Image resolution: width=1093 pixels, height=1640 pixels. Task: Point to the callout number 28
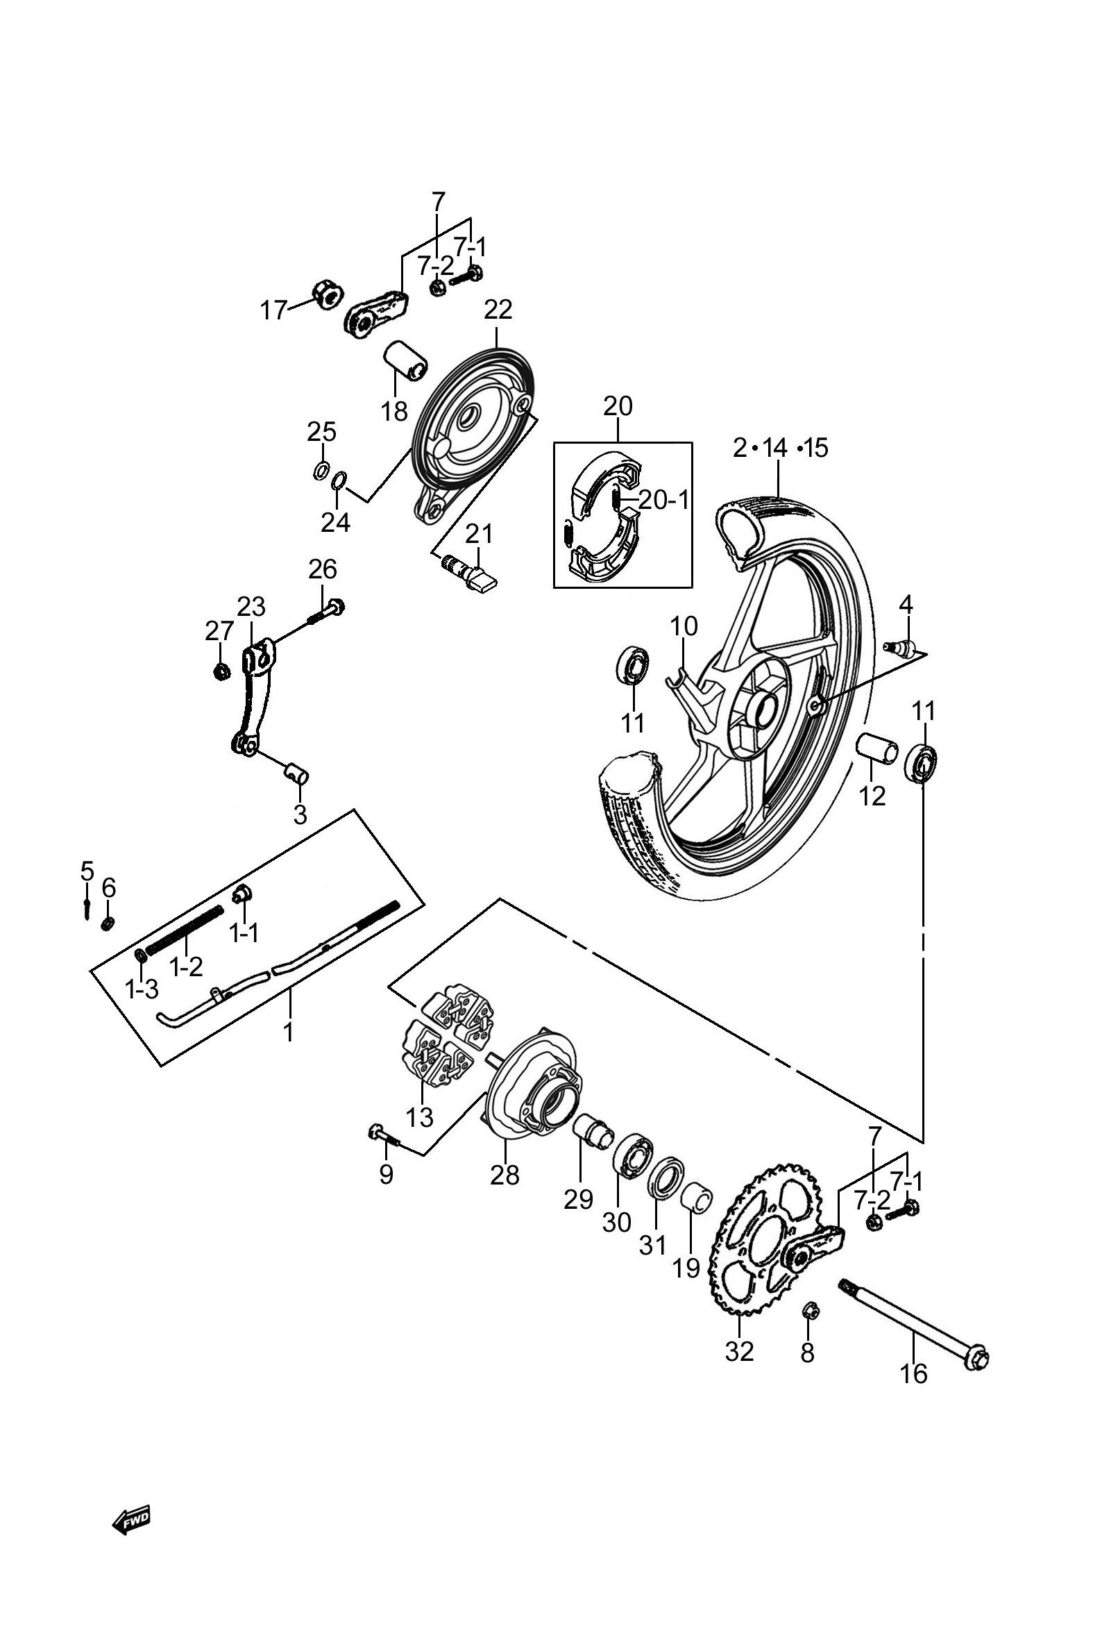pos(505,1175)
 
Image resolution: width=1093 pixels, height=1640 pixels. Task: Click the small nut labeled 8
pos(810,1312)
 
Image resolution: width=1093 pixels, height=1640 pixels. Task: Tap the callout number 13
pos(420,1117)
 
